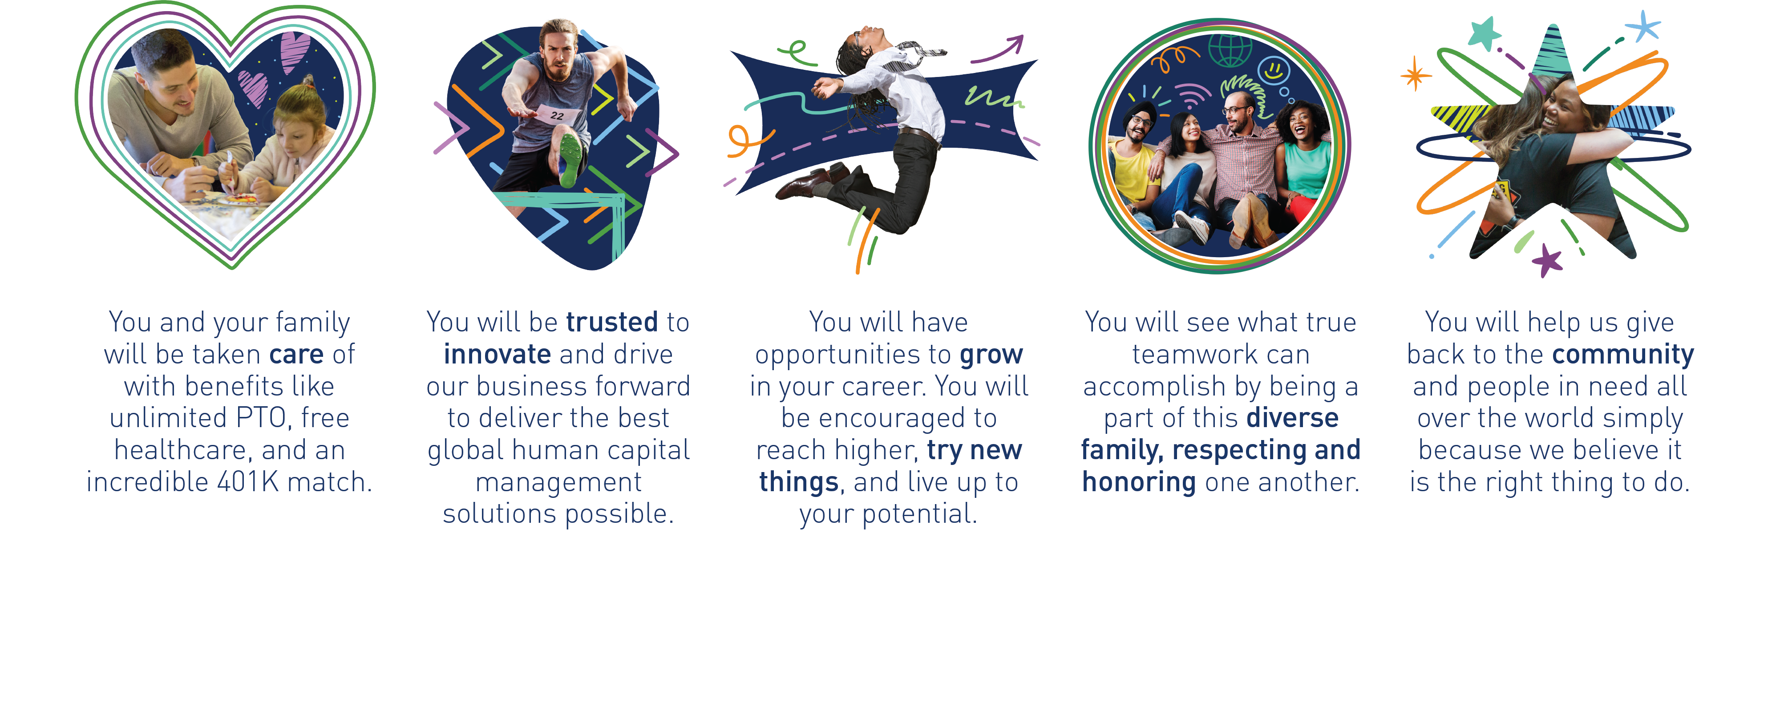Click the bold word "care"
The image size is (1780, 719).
(296, 354)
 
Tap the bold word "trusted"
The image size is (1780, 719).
(612, 322)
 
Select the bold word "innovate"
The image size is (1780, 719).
(498, 354)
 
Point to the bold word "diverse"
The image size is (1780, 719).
(1292, 418)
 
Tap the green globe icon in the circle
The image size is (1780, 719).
(1230, 50)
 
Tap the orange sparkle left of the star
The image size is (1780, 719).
(1415, 75)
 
